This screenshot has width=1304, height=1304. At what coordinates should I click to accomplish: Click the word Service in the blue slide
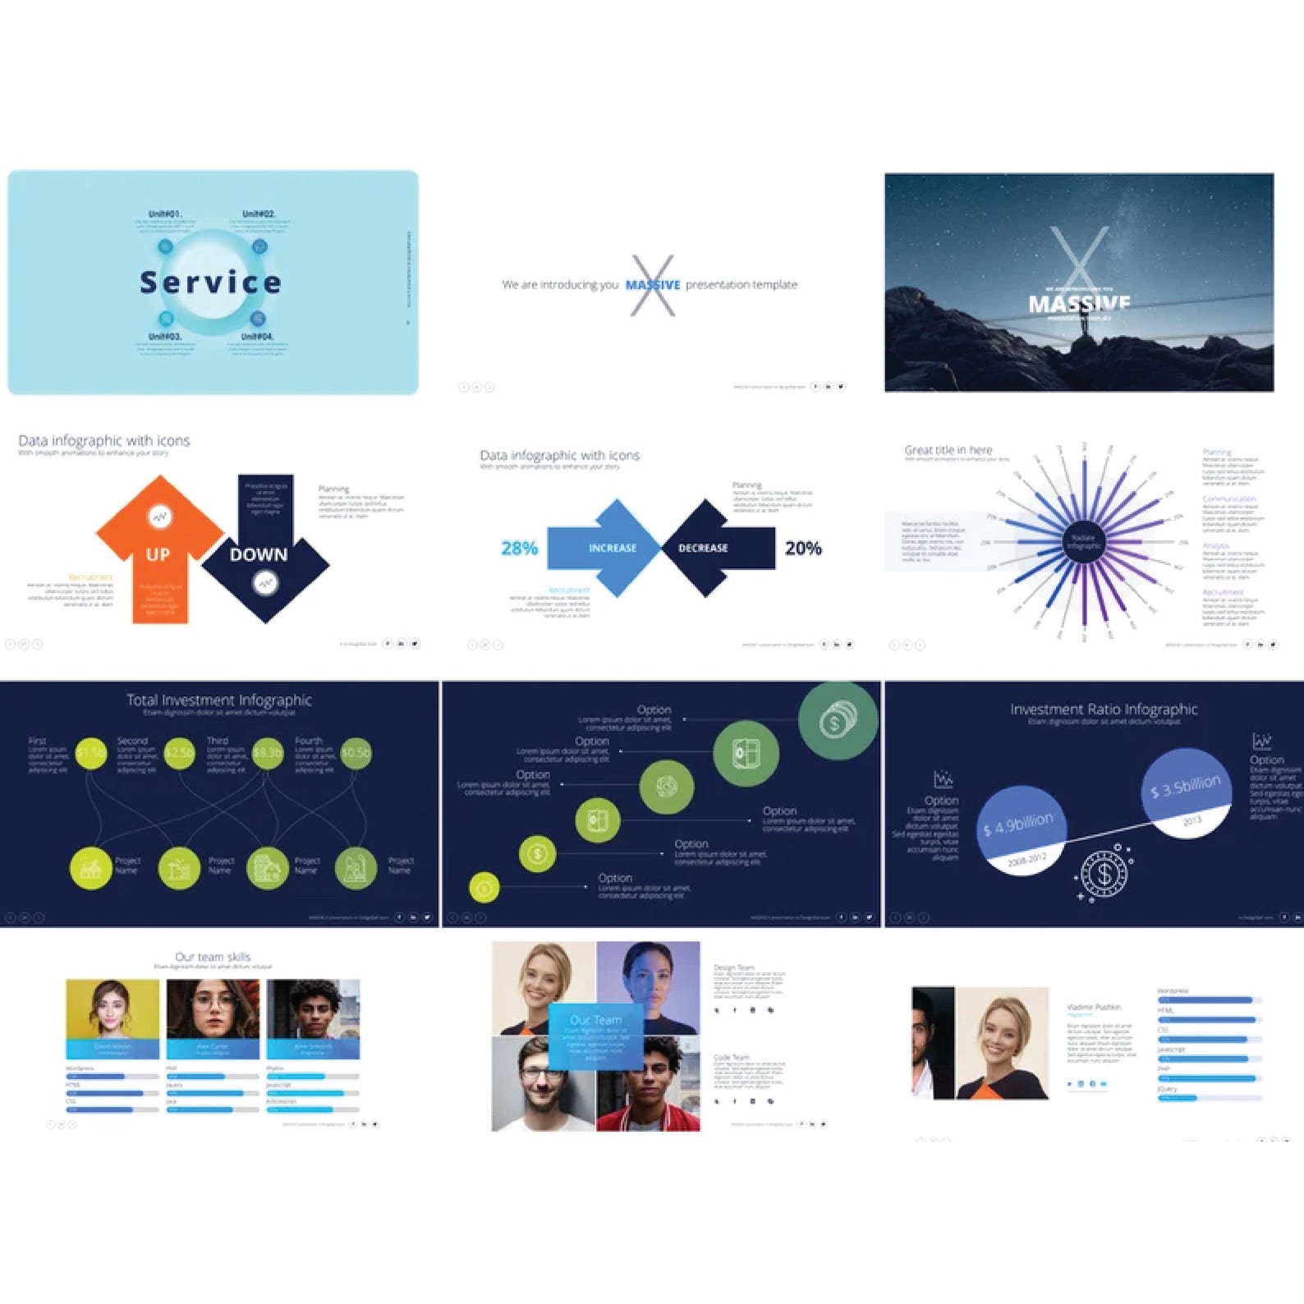(210, 282)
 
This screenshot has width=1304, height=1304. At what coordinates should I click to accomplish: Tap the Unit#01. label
(165, 214)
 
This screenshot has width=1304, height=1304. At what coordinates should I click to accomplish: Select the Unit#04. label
(257, 337)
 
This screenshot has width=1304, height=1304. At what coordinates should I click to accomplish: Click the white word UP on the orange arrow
(158, 555)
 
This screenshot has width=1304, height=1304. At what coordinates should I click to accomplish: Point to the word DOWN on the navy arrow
(259, 555)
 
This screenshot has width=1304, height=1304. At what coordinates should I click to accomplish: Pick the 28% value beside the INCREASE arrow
(519, 548)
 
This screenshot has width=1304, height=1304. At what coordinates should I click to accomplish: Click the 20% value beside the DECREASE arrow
(803, 548)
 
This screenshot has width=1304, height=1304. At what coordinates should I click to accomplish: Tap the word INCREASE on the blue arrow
(613, 548)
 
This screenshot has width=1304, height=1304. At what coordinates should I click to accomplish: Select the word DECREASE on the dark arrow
(703, 548)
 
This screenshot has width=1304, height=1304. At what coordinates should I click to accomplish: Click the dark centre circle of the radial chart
(1084, 542)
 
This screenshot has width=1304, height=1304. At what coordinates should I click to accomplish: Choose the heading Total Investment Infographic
(219, 700)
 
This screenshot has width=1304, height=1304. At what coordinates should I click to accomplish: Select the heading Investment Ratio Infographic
(1104, 709)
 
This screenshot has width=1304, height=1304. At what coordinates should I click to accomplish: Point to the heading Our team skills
(213, 957)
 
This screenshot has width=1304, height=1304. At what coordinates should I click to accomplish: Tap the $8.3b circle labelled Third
(267, 752)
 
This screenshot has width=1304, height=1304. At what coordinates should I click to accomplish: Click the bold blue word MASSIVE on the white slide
(653, 285)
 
